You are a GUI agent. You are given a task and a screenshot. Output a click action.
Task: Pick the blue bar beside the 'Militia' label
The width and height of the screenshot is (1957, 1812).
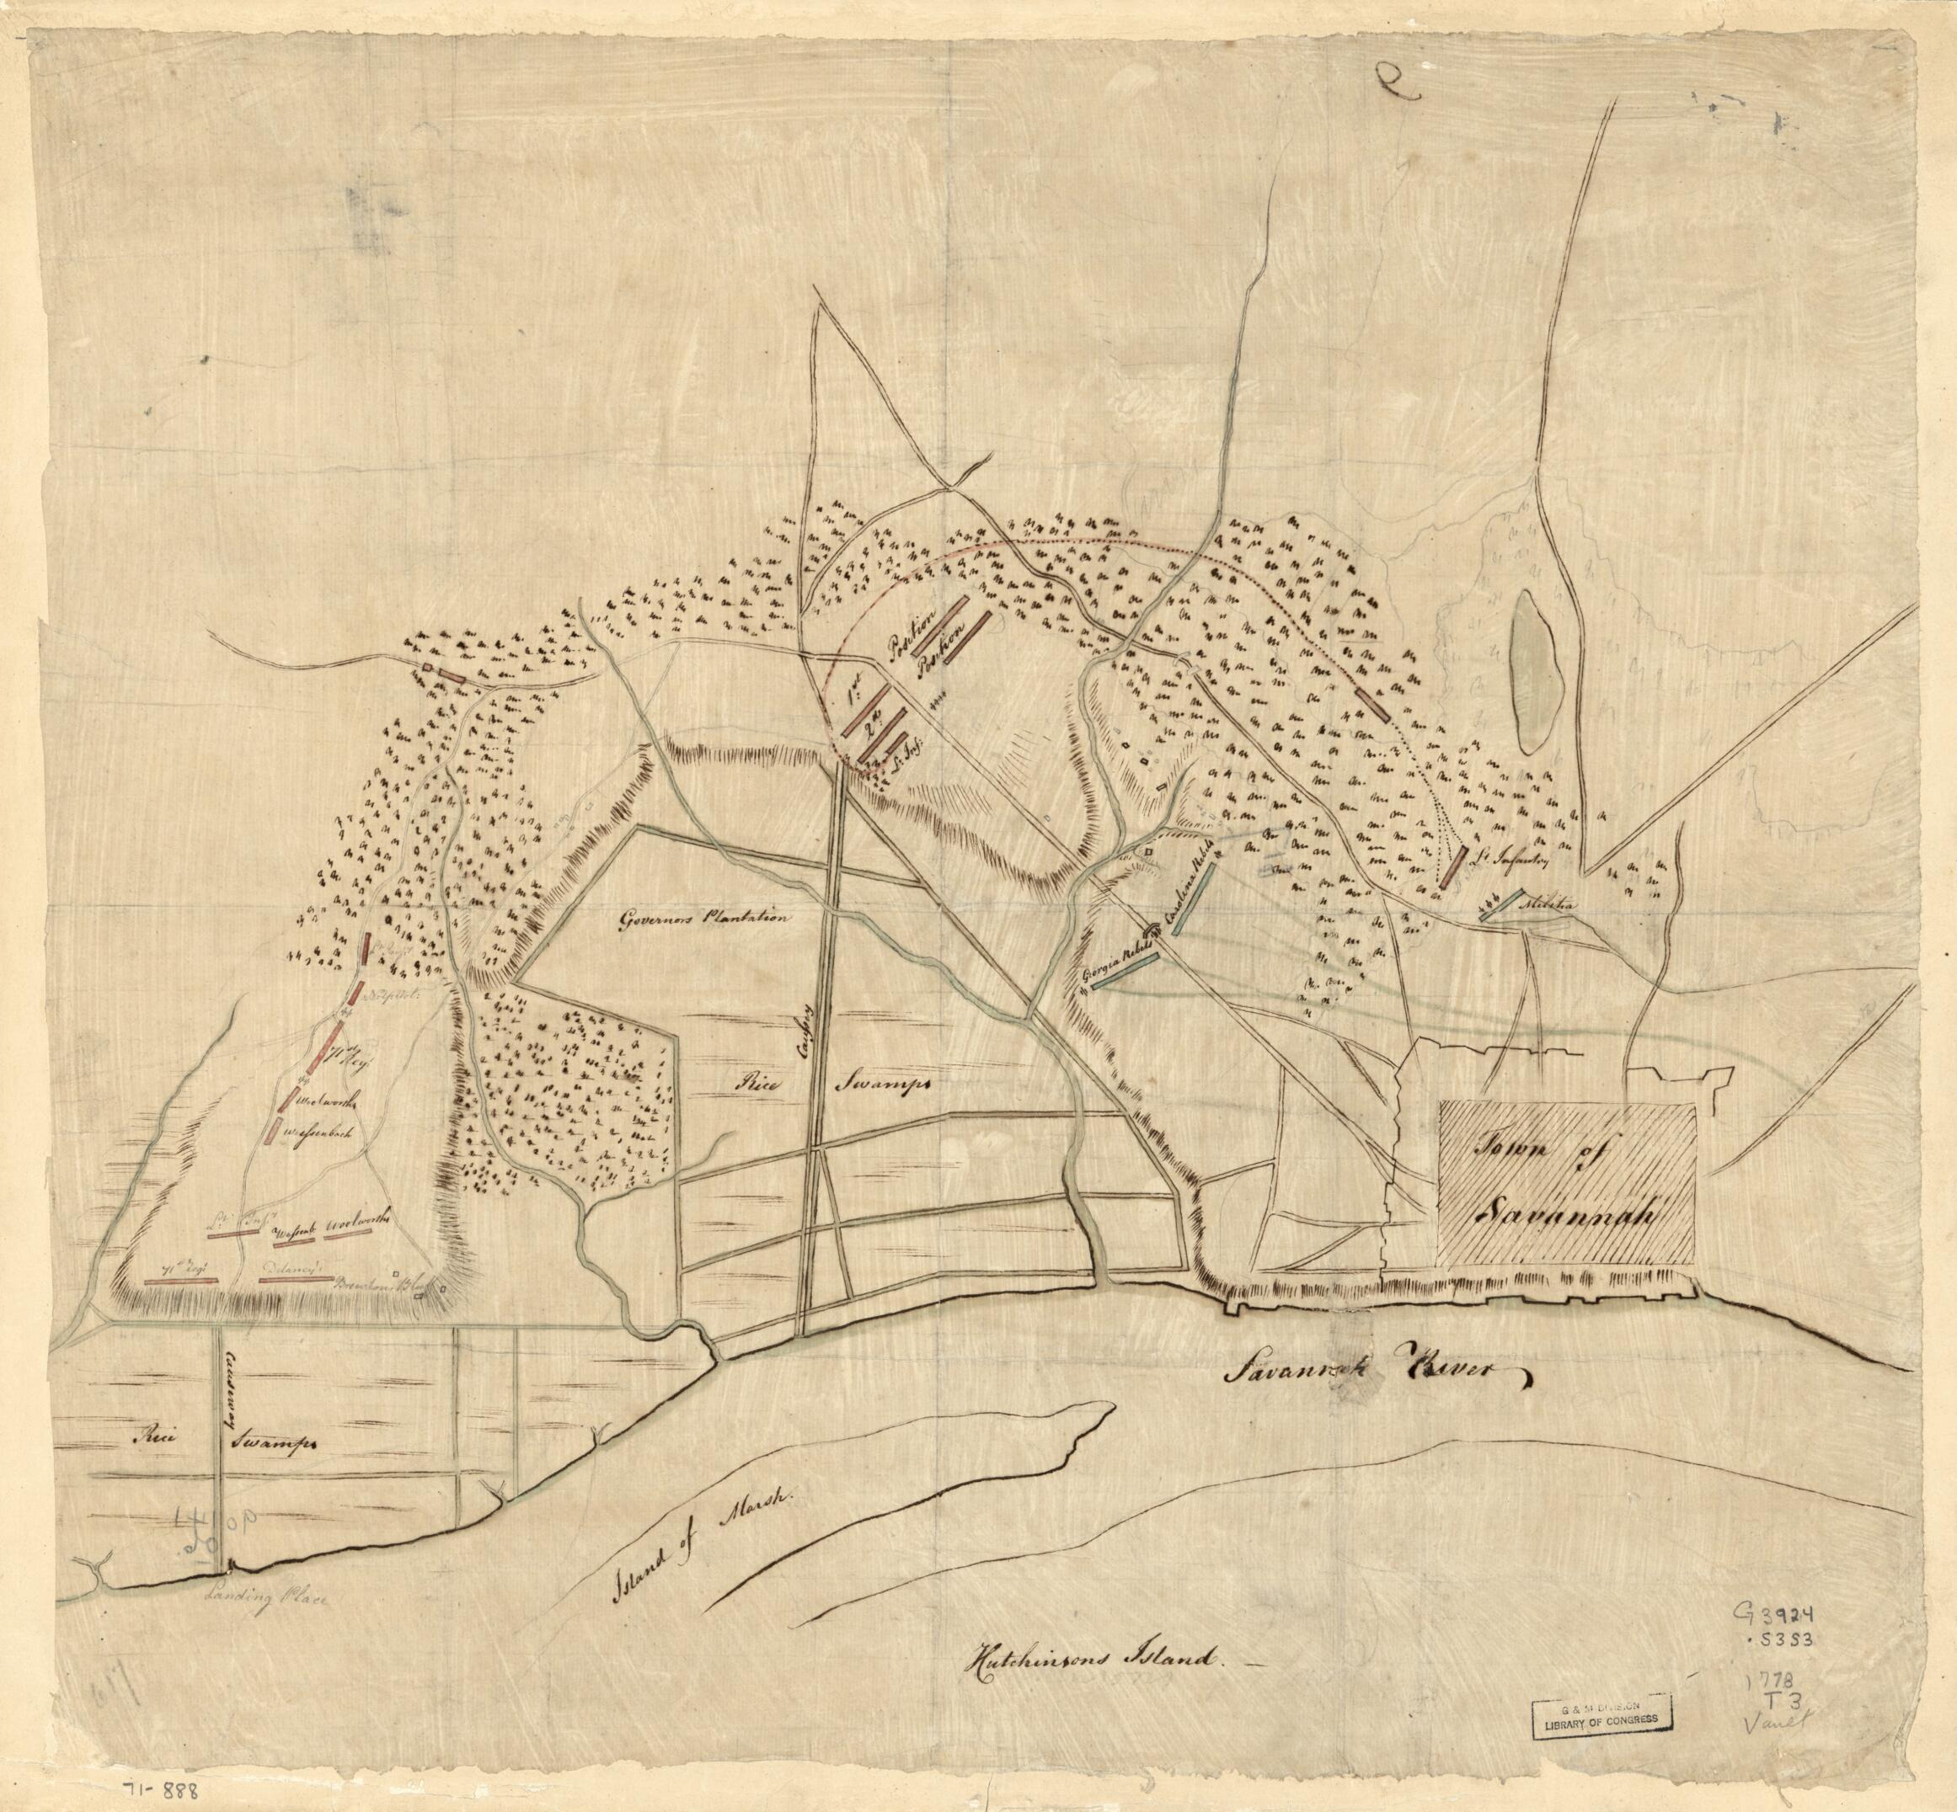[1504, 903]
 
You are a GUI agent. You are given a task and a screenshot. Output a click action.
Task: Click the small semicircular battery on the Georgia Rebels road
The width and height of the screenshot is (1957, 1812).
[1153, 929]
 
